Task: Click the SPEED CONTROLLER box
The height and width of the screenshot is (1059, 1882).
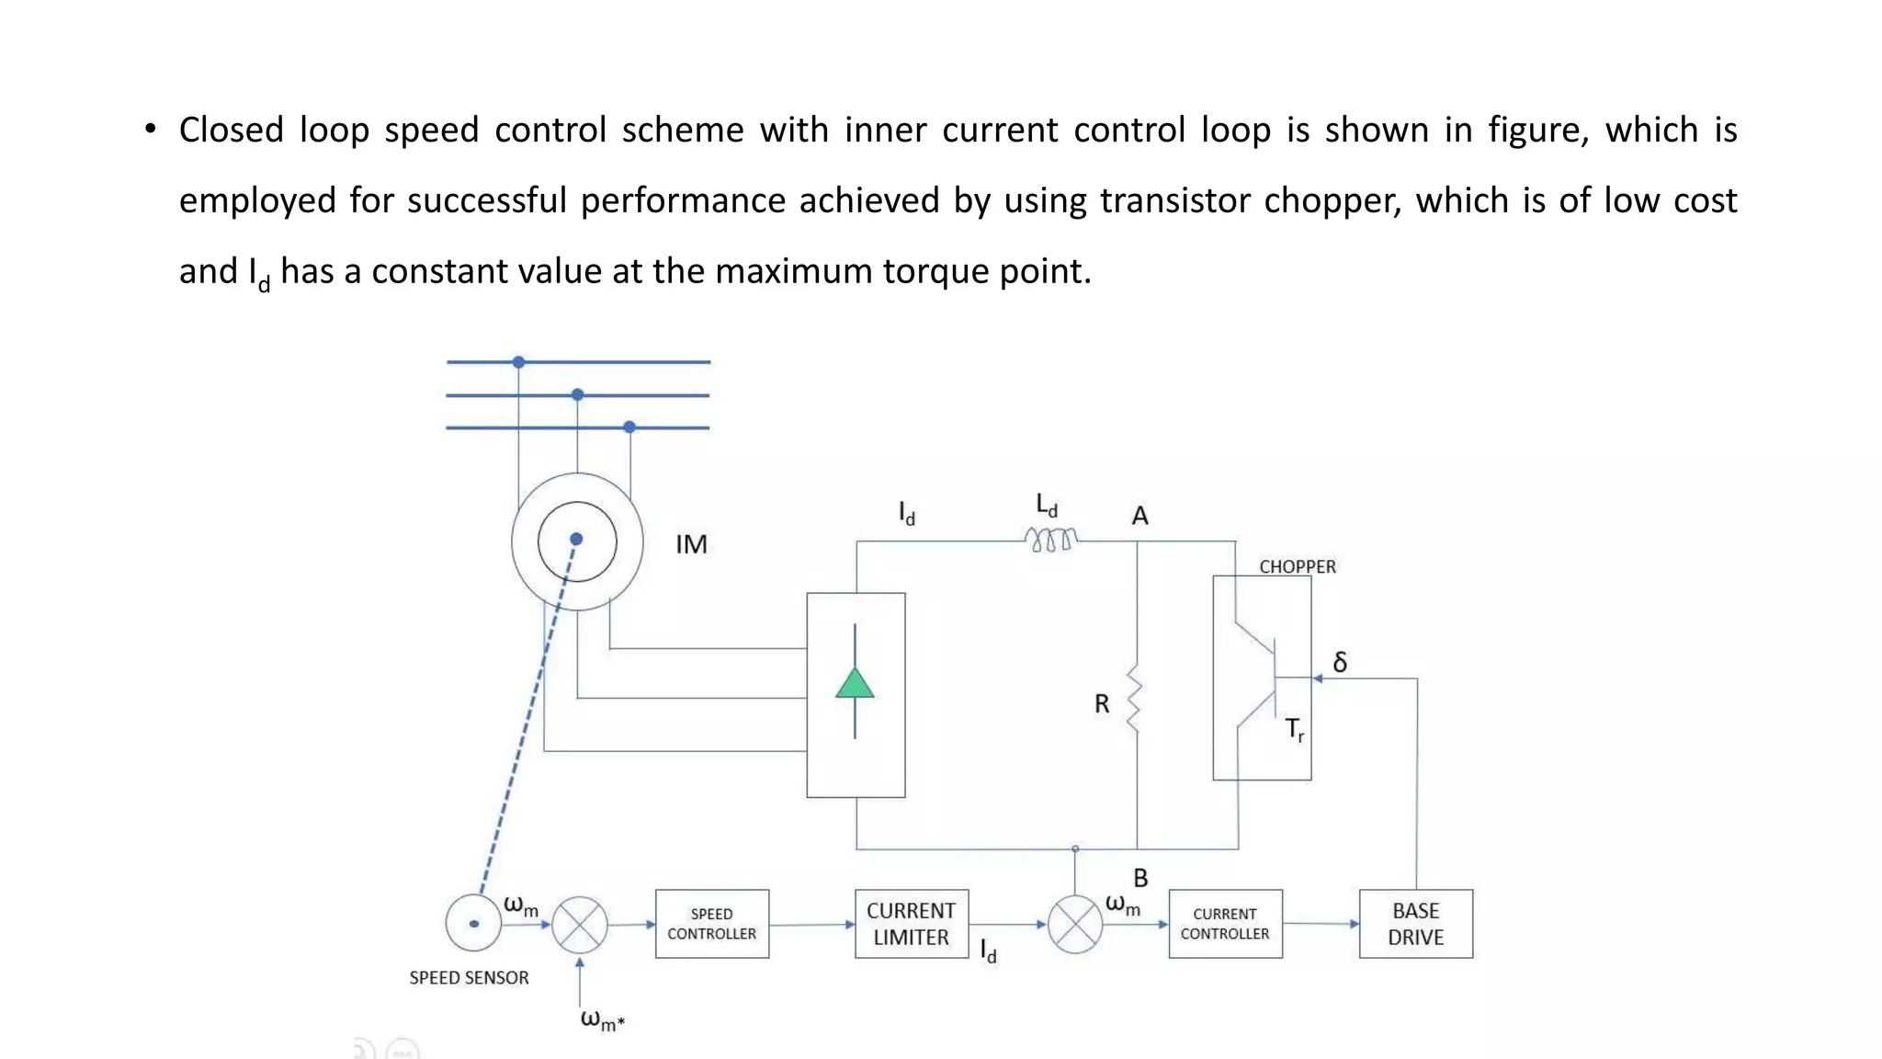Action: [x=712, y=924]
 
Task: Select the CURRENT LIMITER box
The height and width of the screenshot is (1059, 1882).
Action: [x=912, y=924]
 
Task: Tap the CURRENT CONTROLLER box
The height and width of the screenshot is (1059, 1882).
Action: [x=1225, y=924]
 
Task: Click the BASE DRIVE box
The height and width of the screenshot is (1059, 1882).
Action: [x=1415, y=924]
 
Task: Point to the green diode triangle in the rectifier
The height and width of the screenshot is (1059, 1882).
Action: [x=855, y=684]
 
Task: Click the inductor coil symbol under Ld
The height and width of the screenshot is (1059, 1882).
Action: [x=1050, y=540]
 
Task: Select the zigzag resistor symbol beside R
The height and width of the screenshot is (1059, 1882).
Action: [x=1135, y=699]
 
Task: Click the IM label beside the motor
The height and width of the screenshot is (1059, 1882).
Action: [x=691, y=544]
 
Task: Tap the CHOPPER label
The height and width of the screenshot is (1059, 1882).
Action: [x=1297, y=566]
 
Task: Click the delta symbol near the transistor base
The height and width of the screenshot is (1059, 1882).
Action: [x=1340, y=662]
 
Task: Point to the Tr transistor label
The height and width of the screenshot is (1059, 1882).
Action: [x=1294, y=730]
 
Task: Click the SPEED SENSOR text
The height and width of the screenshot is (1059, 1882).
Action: [x=469, y=978]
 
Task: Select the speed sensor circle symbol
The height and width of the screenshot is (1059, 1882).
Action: [x=473, y=923]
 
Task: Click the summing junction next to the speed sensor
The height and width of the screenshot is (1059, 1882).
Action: [x=579, y=925]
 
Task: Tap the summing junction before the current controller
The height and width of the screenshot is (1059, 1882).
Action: [x=1074, y=925]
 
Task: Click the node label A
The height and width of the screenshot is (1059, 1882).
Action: [x=1139, y=516]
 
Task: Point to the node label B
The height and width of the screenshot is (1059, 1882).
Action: [x=1140, y=878]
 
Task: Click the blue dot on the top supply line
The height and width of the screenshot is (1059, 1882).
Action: [x=519, y=362]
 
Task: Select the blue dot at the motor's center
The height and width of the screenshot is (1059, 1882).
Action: [x=576, y=539]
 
